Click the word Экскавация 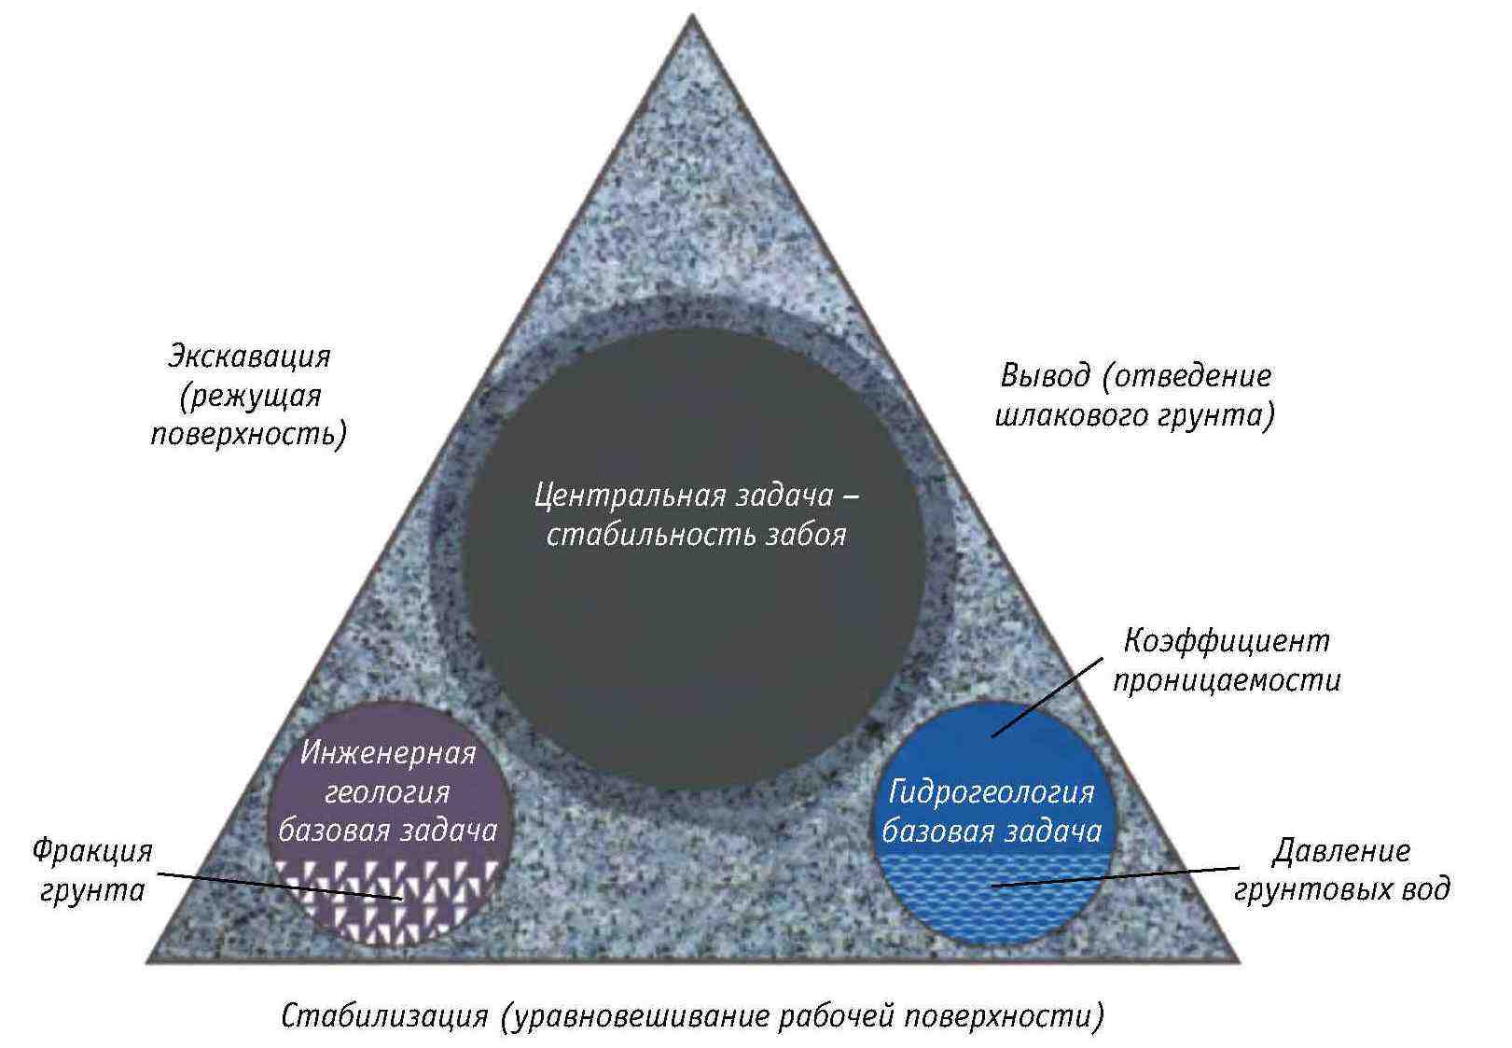point(249,356)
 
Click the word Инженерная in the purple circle point(388,752)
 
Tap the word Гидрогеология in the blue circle point(991,791)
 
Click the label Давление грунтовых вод point(1341,870)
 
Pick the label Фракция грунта point(92,871)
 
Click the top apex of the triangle point(692,15)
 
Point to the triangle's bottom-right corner point(1239,961)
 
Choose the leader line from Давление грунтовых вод point(1119,876)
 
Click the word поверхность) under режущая point(249,435)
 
